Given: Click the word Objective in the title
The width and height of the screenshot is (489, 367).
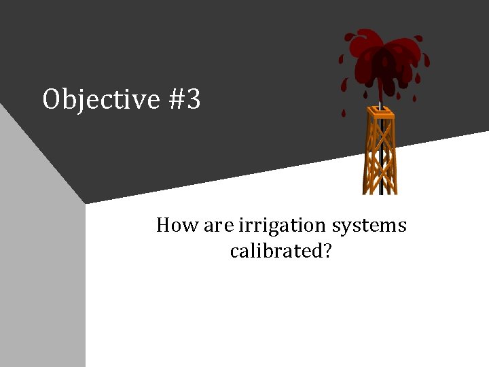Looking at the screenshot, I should click(x=101, y=100).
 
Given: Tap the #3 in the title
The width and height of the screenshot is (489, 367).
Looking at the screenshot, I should click(x=183, y=100).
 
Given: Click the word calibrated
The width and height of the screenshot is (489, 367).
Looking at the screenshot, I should click(x=275, y=251).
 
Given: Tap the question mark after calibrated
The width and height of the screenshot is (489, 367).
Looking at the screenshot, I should click(x=327, y=251).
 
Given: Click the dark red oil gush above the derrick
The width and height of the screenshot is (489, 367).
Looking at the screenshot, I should click(x=384, y=54).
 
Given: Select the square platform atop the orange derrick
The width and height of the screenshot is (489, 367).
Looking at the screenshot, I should click(x=380, y=111).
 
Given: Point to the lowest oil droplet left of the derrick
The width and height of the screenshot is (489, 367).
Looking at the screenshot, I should click(x=344, y=113).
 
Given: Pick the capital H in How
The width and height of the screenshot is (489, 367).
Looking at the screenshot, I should click(x=164, y=225).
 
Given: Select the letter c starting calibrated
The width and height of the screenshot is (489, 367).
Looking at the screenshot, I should click(x=235, y=251).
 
